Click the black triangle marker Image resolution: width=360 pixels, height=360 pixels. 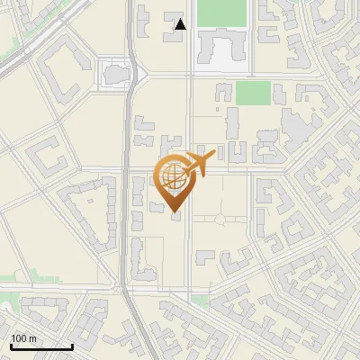pos(181,24)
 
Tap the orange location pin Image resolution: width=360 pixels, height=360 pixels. pos(174,184)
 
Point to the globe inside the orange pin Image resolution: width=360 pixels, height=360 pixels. pos(173,176)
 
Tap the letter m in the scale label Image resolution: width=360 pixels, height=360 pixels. pos(33,338)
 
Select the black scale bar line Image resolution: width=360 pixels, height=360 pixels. pos(41,346)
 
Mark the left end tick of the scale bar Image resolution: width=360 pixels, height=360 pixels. pos(11,346)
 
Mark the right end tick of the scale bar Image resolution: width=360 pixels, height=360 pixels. pos(72,346)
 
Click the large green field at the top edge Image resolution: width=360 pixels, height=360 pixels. pos(221,13)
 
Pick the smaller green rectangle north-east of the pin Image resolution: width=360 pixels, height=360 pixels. pos(253,93)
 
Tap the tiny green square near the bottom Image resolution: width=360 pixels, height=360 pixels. pos(200,299)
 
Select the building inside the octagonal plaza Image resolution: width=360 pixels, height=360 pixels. pos(115,72)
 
